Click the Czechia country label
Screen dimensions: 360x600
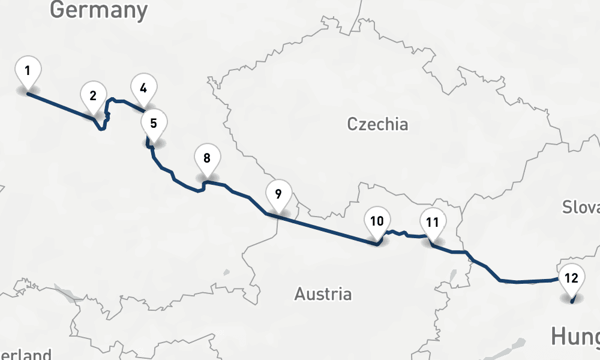(x=377, y=124)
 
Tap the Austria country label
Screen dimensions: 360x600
(x=323, y=294)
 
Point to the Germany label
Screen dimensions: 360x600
(x=98, y=10)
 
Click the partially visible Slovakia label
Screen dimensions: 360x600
(x=581, y=207)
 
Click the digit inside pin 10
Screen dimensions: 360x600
(x=377, y=221)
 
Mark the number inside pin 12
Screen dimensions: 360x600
(x=571, y=278)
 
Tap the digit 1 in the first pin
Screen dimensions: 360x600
(x=28, y=71)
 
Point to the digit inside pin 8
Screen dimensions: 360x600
(x=207, y=158)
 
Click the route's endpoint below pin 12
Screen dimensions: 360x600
(x=572, y=302)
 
